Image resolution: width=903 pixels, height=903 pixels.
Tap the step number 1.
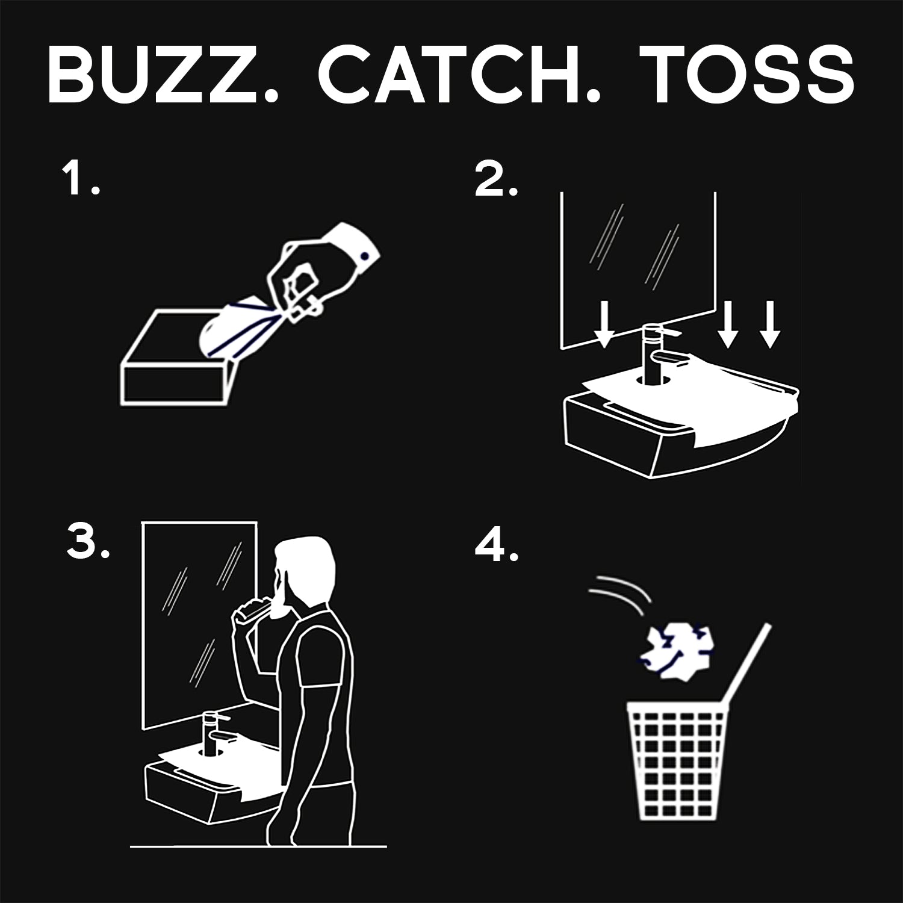[80, 179]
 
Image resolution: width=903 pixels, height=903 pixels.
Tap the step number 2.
[495, 179]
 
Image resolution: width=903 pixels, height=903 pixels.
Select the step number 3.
[88, 544]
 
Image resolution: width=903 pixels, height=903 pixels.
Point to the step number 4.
[496, 546]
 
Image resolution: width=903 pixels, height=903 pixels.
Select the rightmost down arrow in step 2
[769, 325]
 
